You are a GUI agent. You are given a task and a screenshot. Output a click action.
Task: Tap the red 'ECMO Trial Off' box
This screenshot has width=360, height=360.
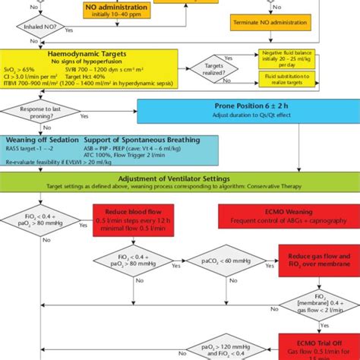tap(318, 345)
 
